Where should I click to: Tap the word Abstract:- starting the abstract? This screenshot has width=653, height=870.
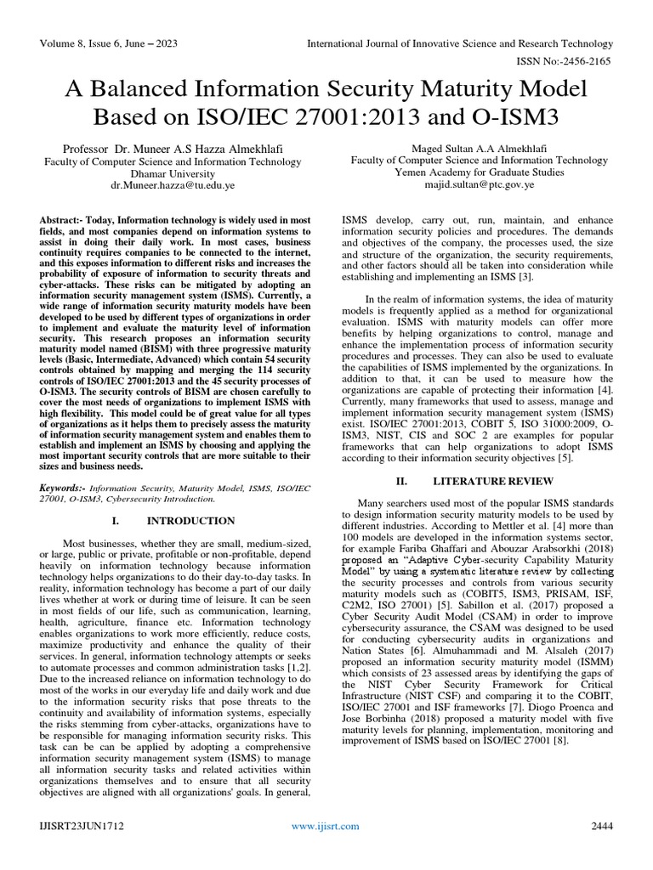60,220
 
